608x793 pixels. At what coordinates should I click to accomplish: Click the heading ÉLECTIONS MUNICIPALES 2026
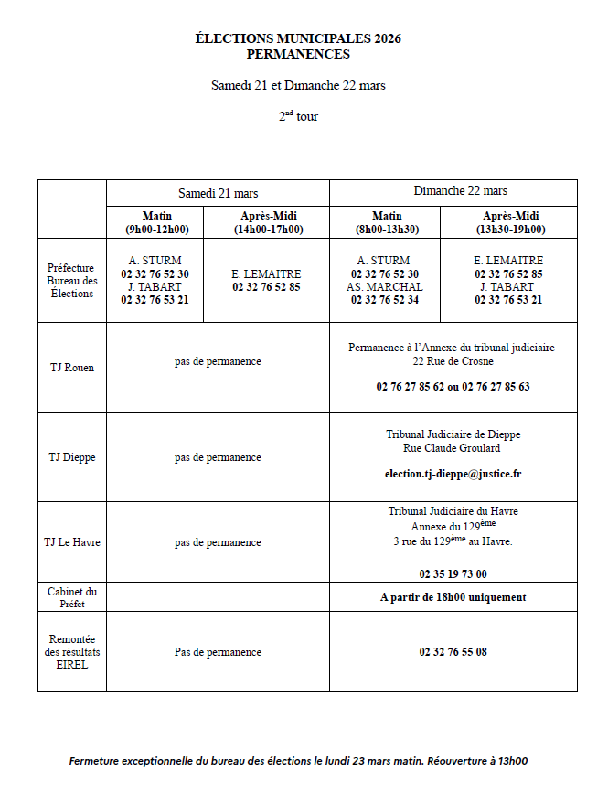tap(298, 38)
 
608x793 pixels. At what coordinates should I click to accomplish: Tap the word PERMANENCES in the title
tap(298, 54)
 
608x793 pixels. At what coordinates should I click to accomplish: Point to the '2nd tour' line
tap(298, 116)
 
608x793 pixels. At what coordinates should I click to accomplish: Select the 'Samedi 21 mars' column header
tap(218, 193)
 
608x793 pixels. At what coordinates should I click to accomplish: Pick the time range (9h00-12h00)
tap(157, 230)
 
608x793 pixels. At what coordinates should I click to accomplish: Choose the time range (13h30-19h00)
tap(508, 230)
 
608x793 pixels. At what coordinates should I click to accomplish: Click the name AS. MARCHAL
tap(385, 287)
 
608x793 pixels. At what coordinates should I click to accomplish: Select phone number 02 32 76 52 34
tap(385, 300)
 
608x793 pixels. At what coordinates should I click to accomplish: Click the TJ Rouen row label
tap(72, 368)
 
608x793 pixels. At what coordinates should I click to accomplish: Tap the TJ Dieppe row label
tap(72, 457)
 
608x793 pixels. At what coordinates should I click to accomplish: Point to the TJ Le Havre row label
tap(72, 542)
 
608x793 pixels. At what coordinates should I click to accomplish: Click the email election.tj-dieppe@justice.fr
tap(453, 474)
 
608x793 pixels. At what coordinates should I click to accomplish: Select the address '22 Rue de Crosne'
tap(453, 361)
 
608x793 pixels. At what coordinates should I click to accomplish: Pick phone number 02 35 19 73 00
tap(453, 574)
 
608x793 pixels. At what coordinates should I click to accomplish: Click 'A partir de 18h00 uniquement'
tap(453, 597)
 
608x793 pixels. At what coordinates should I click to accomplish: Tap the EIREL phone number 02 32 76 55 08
tap(453, 652)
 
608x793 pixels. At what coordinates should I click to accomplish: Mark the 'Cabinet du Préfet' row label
tap(72, 597)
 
